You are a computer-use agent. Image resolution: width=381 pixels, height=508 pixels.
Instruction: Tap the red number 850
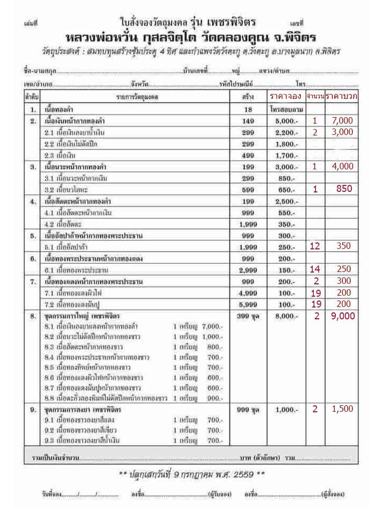coord(343,189)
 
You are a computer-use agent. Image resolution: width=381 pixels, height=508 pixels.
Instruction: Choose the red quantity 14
coord(315,268)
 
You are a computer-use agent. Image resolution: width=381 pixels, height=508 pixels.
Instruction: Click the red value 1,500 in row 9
coord(342,409)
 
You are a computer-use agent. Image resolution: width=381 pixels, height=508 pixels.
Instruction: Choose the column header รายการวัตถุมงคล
coord(141,98)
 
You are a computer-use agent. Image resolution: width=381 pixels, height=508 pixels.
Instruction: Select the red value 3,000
coord(342,132)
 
